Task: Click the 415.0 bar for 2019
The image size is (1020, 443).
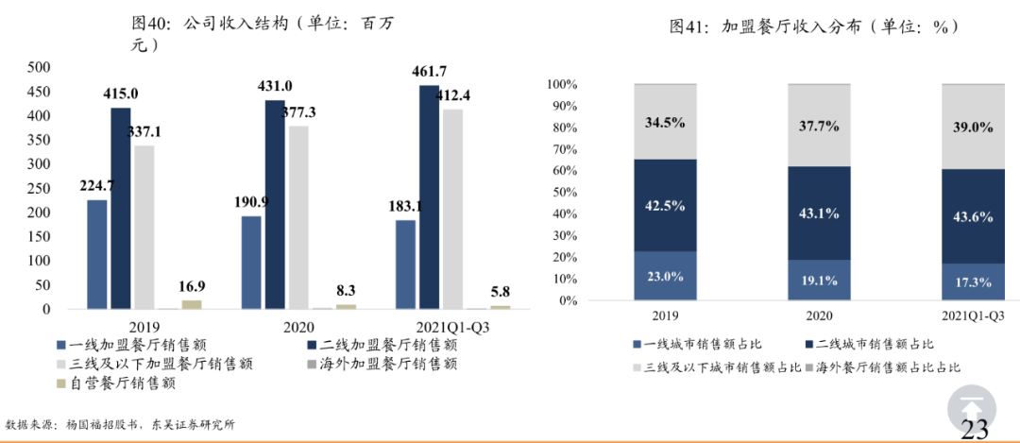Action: coord(121,208)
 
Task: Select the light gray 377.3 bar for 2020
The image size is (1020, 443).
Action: coord(298,217)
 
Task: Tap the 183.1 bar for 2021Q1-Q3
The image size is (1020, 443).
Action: coord(405,264)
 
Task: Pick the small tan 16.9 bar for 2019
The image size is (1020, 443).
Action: coord(192,304)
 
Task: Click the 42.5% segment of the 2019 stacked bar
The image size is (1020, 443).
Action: coord(665,205)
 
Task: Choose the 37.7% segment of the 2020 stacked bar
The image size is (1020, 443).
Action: coord(820,125)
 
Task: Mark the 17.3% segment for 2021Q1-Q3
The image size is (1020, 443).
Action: coord(973,281)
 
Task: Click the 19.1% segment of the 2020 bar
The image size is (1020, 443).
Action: coord(820,280)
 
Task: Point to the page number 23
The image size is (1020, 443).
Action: coord(975,430)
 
